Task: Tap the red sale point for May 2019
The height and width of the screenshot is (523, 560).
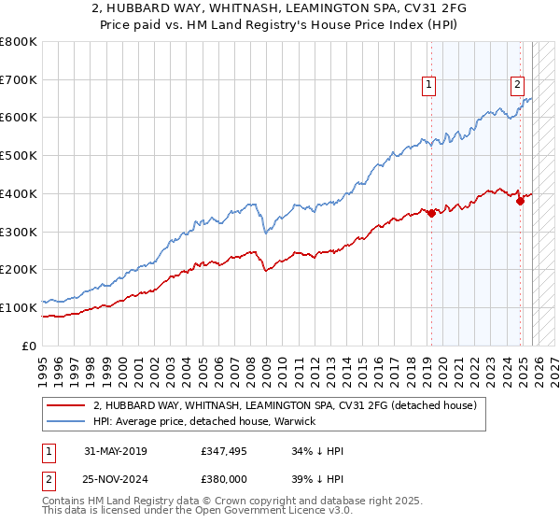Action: point(431,214)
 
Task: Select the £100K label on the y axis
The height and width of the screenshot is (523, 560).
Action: point(19,307)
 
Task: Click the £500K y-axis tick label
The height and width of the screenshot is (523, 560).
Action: point(19,156)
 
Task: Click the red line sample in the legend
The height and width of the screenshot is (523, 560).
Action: point(65,405)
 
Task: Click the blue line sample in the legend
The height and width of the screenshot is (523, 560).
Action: point(65,421)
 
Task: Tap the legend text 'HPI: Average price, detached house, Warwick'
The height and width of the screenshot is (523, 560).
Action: point(203,421)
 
